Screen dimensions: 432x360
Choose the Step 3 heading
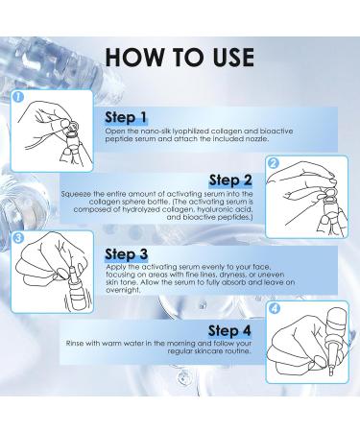(128, 254)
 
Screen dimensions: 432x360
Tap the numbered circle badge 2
(272, 164)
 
